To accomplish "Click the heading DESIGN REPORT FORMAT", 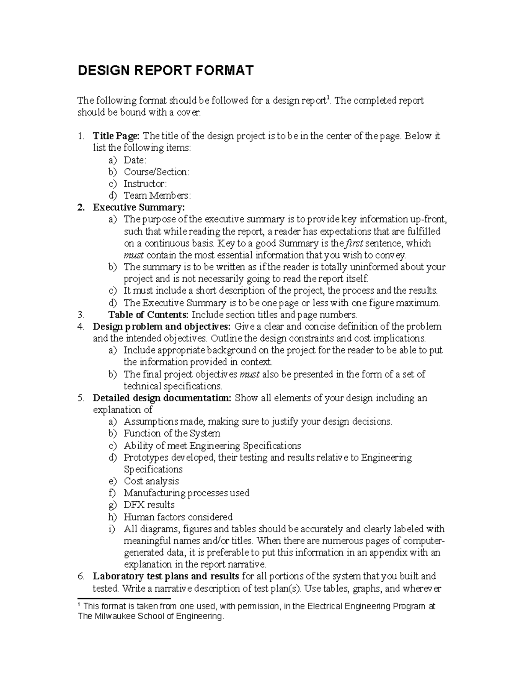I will (166, 71).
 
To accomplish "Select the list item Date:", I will (135, 160).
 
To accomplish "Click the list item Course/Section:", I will (156, 172).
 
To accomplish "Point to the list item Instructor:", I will (145, 184).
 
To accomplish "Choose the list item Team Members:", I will (157, 196).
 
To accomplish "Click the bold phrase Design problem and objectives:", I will (161, 327).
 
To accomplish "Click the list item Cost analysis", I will (151, 481).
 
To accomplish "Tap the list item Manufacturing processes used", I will (186, 493).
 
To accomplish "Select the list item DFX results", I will (149, 505).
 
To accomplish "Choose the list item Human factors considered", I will (178, 517).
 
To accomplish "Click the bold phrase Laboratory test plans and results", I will (166, 576).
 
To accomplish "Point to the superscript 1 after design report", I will (325, 98).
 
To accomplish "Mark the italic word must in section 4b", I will (249, 374).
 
